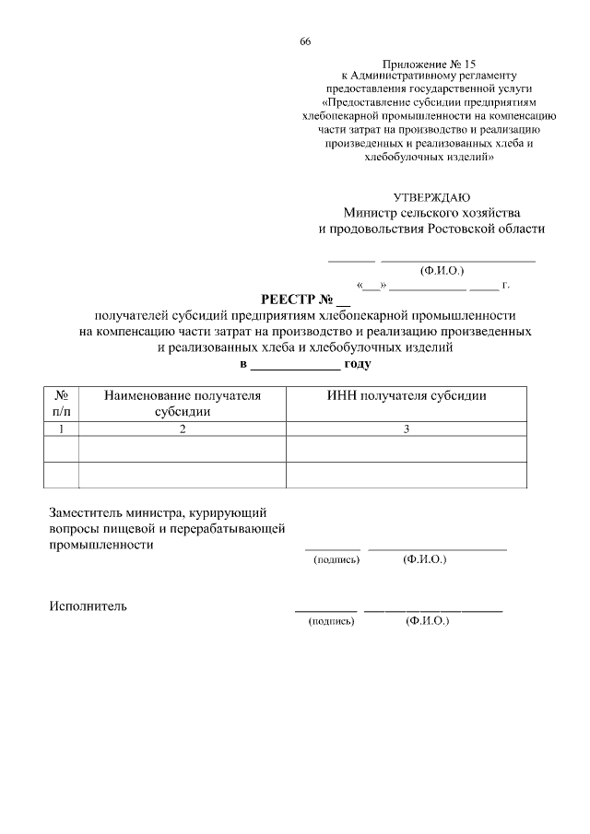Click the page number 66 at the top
coord(305,42)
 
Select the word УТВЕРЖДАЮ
coord(431,197)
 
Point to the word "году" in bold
coord(357,364)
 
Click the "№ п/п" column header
coord(61,404)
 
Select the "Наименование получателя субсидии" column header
coord(183,404)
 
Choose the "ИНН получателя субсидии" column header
coord(407,395)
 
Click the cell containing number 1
coord(61,429)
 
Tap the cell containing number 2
coord(183,429)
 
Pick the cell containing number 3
coord(407,429)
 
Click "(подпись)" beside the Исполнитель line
coord(331,622)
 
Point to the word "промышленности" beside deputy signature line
coord(100,545)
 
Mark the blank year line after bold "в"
coord(295,365)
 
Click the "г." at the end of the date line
coord(505,286)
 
